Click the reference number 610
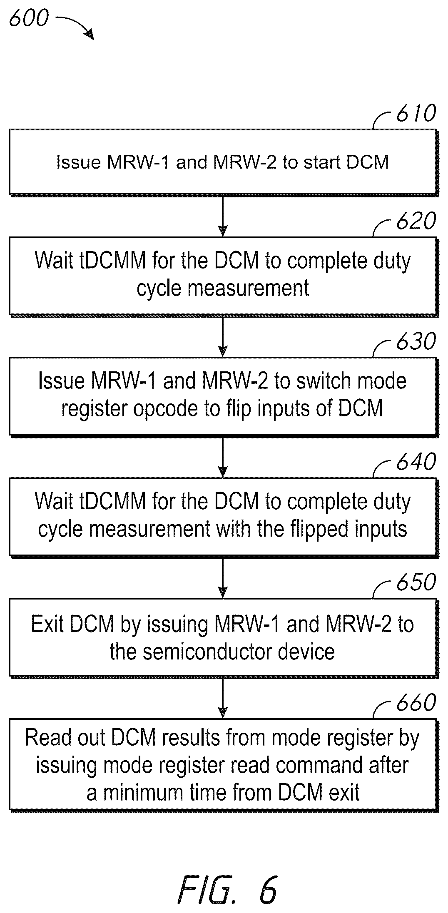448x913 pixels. tap(416, 113)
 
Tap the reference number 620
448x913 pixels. tap(416, 221)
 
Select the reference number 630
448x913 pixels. tap(416, 341)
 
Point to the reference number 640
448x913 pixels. tap(416, 462)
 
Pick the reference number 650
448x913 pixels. tap(416, 582)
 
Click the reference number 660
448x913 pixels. tap(416, 702)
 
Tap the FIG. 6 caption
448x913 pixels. tap(227, 890)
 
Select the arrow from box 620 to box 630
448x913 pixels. tap(223, 336)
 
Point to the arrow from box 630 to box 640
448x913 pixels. tap(223, 457)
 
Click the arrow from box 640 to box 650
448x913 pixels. tap(223, 577)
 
